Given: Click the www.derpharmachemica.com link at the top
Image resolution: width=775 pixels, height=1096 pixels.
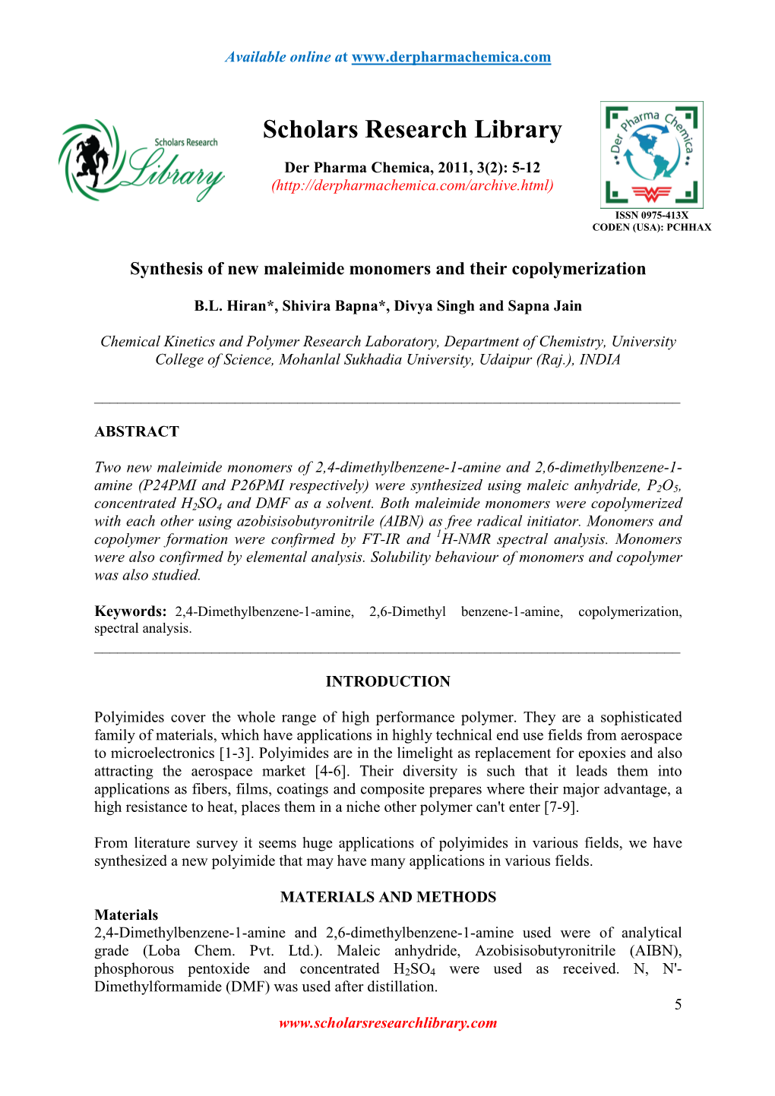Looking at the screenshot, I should pyautogui.click(x=451, y=57).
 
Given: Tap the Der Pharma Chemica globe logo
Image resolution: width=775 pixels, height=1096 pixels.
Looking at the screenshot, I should pyautogui.click(x=651, y=154).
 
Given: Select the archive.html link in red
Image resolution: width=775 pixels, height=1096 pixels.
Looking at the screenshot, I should pyautogui.click(x=413, y=185).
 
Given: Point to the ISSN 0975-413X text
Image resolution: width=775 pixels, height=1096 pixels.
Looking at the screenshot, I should pyautogui.click(x=651, y=215).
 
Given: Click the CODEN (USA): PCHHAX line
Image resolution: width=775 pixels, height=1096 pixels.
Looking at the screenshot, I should pyautogui.click(x=651, y=227).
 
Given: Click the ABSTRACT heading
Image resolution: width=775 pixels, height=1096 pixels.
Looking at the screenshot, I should pyautogui.click(x=137, y=431).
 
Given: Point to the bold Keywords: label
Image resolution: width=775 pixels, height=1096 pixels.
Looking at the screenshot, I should pyautogui.click(x=130, y=611).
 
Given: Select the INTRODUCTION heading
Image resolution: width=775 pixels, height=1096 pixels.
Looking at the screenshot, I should pyautogui.click(x=387, y=681).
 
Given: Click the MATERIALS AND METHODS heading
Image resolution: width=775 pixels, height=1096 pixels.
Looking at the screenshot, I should pyautogui.click(x=387, y=897).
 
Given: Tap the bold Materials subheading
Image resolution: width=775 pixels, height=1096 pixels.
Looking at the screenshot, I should pyautogui.click(x=126, y=914).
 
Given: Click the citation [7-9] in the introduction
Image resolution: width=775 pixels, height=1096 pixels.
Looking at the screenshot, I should pyautogui.click(x=561, y=807).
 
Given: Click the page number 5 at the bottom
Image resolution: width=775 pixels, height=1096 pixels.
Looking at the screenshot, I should pyautogui.click(x=678, y=1004).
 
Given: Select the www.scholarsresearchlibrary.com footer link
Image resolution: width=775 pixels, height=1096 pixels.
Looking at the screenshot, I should pyautogui.click(x=387, y=1023).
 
